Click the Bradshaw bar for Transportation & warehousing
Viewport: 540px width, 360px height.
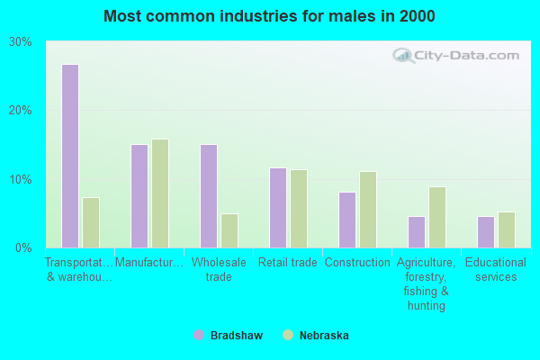(70, 156)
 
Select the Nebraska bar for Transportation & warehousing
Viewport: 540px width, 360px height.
(91, 222)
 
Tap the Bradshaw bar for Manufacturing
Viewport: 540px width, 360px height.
(139, 196)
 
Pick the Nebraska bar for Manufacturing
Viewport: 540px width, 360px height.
(160, 193)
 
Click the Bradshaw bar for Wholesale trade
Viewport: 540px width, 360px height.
(209, 196)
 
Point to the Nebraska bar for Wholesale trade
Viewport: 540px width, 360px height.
(229, 230)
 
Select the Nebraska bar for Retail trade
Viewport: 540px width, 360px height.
(299, 209)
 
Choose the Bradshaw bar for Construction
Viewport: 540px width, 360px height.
(347, 220)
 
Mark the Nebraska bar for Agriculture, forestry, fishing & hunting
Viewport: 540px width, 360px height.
(437, 218)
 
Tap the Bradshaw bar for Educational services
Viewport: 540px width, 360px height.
(486, 232)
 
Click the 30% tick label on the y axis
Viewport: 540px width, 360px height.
(21, 42)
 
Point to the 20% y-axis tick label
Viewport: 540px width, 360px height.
(21, 111)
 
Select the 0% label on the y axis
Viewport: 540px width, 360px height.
(23, 247)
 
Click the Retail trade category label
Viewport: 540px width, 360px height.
(288, 263)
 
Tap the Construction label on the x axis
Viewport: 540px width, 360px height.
(357, 263)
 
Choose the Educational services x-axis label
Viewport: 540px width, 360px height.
(496, 269)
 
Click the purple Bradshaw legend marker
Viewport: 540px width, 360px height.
(199, 335)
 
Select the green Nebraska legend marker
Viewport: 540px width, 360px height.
(288, 335)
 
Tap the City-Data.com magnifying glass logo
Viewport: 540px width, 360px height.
(403, 56)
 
